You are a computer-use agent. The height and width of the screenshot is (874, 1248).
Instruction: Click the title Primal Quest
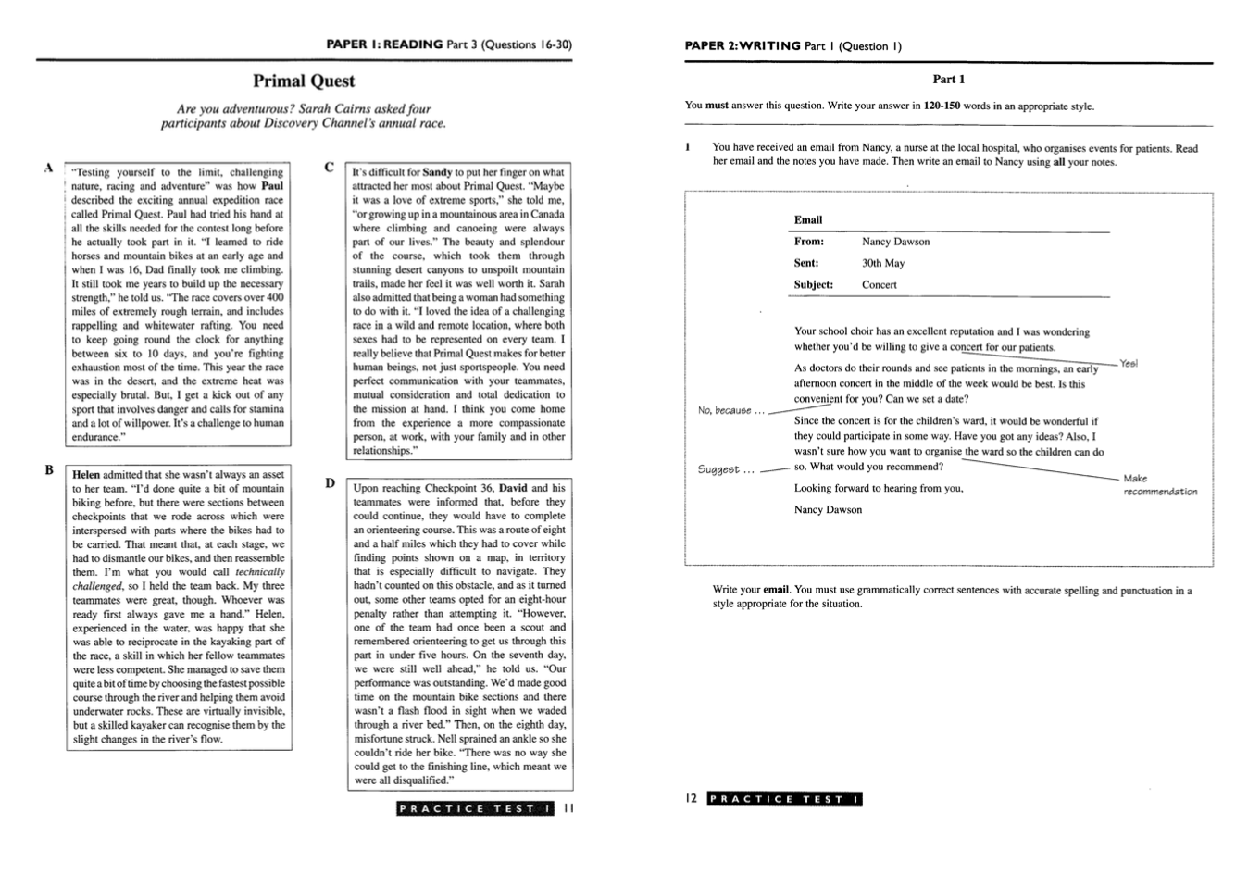click(x=304, y=81)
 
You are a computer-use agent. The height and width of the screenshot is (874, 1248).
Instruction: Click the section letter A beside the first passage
click(x=47, y=169)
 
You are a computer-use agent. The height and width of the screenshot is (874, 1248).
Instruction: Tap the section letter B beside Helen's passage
click(x=49, y=470)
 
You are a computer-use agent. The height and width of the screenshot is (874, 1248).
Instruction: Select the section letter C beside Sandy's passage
click(x=329, y=168)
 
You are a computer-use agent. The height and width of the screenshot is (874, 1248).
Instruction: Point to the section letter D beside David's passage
click(x=330, y=483)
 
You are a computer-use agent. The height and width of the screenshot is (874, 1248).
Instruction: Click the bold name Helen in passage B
click(x=86, y=475)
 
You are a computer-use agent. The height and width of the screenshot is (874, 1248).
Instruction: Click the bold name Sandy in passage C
click(x=437, y=172)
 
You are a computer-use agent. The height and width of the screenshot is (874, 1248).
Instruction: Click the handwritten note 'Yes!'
click(x=1129, y=364)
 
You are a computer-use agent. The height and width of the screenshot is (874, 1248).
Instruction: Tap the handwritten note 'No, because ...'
click(x=731, y=410)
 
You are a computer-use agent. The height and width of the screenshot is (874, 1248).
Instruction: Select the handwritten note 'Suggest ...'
click(x=726, y=469)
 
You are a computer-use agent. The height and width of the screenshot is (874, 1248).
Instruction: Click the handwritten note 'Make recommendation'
click(x=1159, y=485)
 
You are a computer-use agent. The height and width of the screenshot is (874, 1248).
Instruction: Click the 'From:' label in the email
click(x=809, y=242)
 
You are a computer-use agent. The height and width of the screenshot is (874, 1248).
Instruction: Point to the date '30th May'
click(x=883, y=263)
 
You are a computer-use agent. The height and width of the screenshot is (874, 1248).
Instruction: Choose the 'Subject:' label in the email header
click(x=814, y=285)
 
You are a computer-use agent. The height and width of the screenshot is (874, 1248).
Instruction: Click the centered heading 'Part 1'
click(x=948, y=80)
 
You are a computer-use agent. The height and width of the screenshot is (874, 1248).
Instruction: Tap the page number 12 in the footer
click(x=692, y=799)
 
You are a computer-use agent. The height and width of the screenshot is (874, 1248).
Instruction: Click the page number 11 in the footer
click(x=569, y=808)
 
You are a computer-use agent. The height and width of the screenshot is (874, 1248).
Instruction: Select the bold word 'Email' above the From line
click(x=808, y=220)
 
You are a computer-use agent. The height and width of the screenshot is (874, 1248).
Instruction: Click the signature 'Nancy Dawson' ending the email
click(x=828, y=510)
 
